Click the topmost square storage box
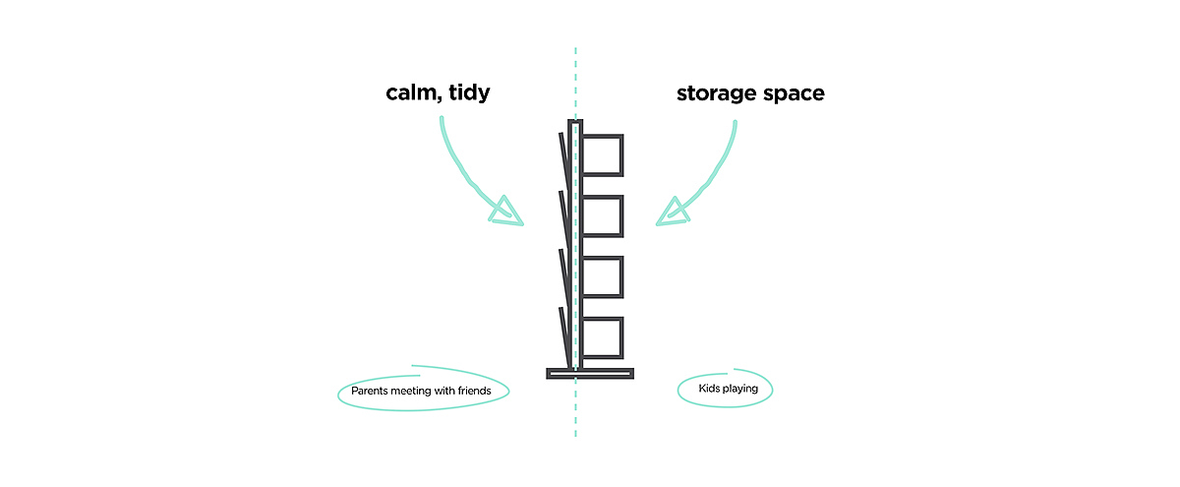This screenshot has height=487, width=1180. pos(603,155)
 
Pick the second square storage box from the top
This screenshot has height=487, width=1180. pos(603,216)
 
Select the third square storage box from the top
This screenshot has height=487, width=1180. pos(603,276)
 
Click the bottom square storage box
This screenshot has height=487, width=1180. pos(603,336)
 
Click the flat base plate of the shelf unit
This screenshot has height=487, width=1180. pos(590,373)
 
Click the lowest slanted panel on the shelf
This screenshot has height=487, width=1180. pos(565,336)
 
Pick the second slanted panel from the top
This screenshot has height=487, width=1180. pos(565,220)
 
